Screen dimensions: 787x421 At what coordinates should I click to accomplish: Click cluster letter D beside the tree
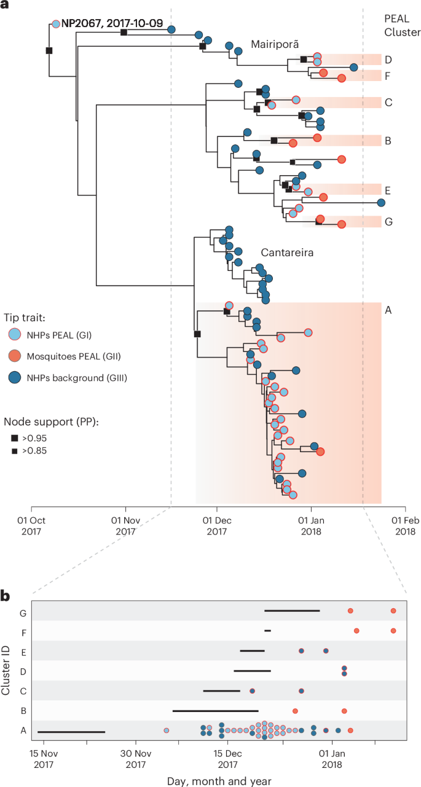pos(388,60)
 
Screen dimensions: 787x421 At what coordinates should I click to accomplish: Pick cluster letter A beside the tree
pos(388,310)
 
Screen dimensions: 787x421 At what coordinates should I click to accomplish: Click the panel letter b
pos(5,595)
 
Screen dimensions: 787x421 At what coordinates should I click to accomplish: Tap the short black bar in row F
pos(267,630)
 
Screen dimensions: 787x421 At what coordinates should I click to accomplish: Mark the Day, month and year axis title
pos(218,780)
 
